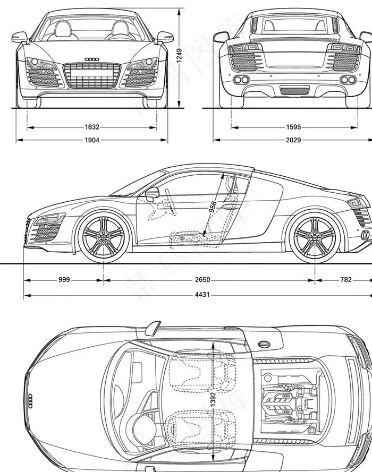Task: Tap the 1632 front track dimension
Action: tap(92, 127)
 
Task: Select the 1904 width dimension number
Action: tap(92, 140)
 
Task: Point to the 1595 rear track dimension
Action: tap(293, 127)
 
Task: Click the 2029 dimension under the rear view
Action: tap(293, 140)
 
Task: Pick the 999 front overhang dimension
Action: tap(64, 280)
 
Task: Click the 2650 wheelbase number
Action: tap(202, 280)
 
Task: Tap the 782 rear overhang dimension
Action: tap(345, 280)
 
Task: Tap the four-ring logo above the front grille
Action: tap(92, 59)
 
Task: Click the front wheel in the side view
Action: tap(103, 236)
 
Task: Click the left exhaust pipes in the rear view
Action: tap(241, 80)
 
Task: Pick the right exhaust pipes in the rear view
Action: tap(349, 80)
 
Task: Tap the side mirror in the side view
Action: tap(152, 193)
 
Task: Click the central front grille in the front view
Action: tap(91, 75)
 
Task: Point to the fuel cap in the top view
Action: tap(264, 345)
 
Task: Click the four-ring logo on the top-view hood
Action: tap(30, 399)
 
